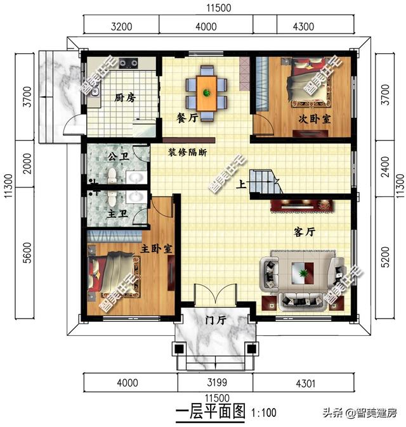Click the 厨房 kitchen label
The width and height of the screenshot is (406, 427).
pos(124,98)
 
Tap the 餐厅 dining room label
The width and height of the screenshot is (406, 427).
pos(187,118)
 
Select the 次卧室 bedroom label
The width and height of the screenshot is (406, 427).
pos(315,119)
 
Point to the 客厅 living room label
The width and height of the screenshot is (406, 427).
pos(304,232)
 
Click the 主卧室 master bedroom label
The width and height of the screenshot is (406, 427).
pos(156,248)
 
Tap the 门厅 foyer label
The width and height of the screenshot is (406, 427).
pos(216,320)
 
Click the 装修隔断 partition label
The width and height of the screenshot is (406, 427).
pos(187,152)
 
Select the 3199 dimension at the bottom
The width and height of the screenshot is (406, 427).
pos(217,382)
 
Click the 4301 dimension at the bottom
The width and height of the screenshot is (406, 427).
pos(305,383)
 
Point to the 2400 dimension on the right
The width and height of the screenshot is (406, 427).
pos(385,167)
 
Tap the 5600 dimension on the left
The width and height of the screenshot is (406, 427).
pos(27,253)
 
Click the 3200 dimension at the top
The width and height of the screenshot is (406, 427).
pos(122,27)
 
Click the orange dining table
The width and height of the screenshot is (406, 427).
pos(207,93)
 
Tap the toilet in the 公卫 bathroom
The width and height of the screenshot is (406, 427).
pos(112,175)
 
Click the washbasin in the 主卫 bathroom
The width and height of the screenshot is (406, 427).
pos(136,197)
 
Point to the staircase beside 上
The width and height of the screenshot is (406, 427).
pos(265,182)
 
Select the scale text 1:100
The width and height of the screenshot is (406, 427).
pos(264,412)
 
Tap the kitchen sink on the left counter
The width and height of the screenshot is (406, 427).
pos(95,91)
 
